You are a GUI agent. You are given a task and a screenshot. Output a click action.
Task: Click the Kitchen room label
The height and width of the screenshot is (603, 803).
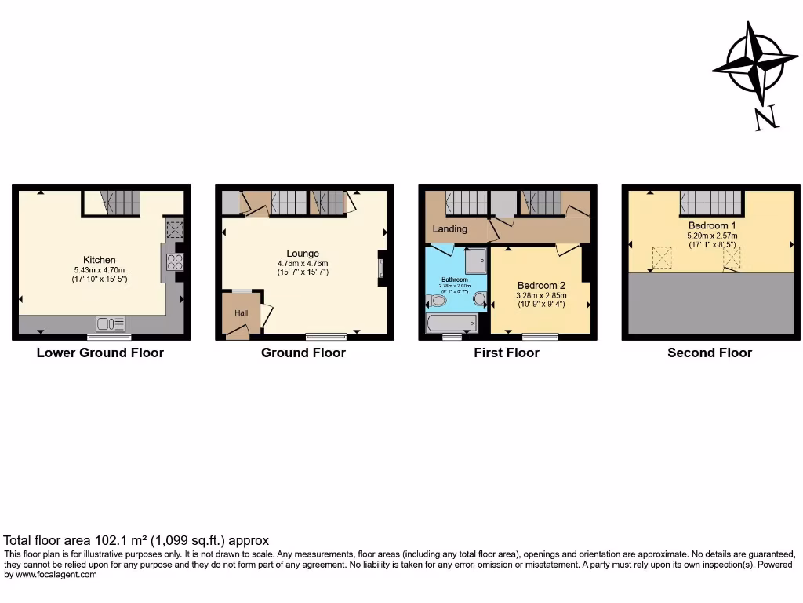(100, 260)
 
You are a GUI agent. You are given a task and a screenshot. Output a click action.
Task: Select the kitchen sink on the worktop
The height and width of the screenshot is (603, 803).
(111, 323)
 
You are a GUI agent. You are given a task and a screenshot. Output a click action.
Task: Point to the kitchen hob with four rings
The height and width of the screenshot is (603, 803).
(175, 261)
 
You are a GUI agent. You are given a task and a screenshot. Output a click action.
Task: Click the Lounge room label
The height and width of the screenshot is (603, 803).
(303, 253)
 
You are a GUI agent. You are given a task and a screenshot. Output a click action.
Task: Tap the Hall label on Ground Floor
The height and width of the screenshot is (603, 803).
(240, 312)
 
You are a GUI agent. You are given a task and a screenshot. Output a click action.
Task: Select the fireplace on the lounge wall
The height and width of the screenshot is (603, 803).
(381, 266)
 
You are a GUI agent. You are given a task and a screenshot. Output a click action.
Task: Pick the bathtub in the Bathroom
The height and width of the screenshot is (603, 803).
(451, 323)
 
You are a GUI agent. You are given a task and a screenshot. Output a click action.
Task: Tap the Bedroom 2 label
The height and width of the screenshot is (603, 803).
(541, 285)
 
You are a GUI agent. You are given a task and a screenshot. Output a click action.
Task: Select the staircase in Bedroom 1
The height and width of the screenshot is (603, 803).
(710, 202)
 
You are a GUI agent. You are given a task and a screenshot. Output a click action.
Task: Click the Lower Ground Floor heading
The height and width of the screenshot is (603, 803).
(100, 353)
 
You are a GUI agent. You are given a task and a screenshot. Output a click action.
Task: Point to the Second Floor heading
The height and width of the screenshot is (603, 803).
(710, 353)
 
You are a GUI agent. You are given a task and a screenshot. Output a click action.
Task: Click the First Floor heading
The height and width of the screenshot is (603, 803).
(507, 353)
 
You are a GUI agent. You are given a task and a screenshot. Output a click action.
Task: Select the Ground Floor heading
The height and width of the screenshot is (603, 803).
(303, 353)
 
